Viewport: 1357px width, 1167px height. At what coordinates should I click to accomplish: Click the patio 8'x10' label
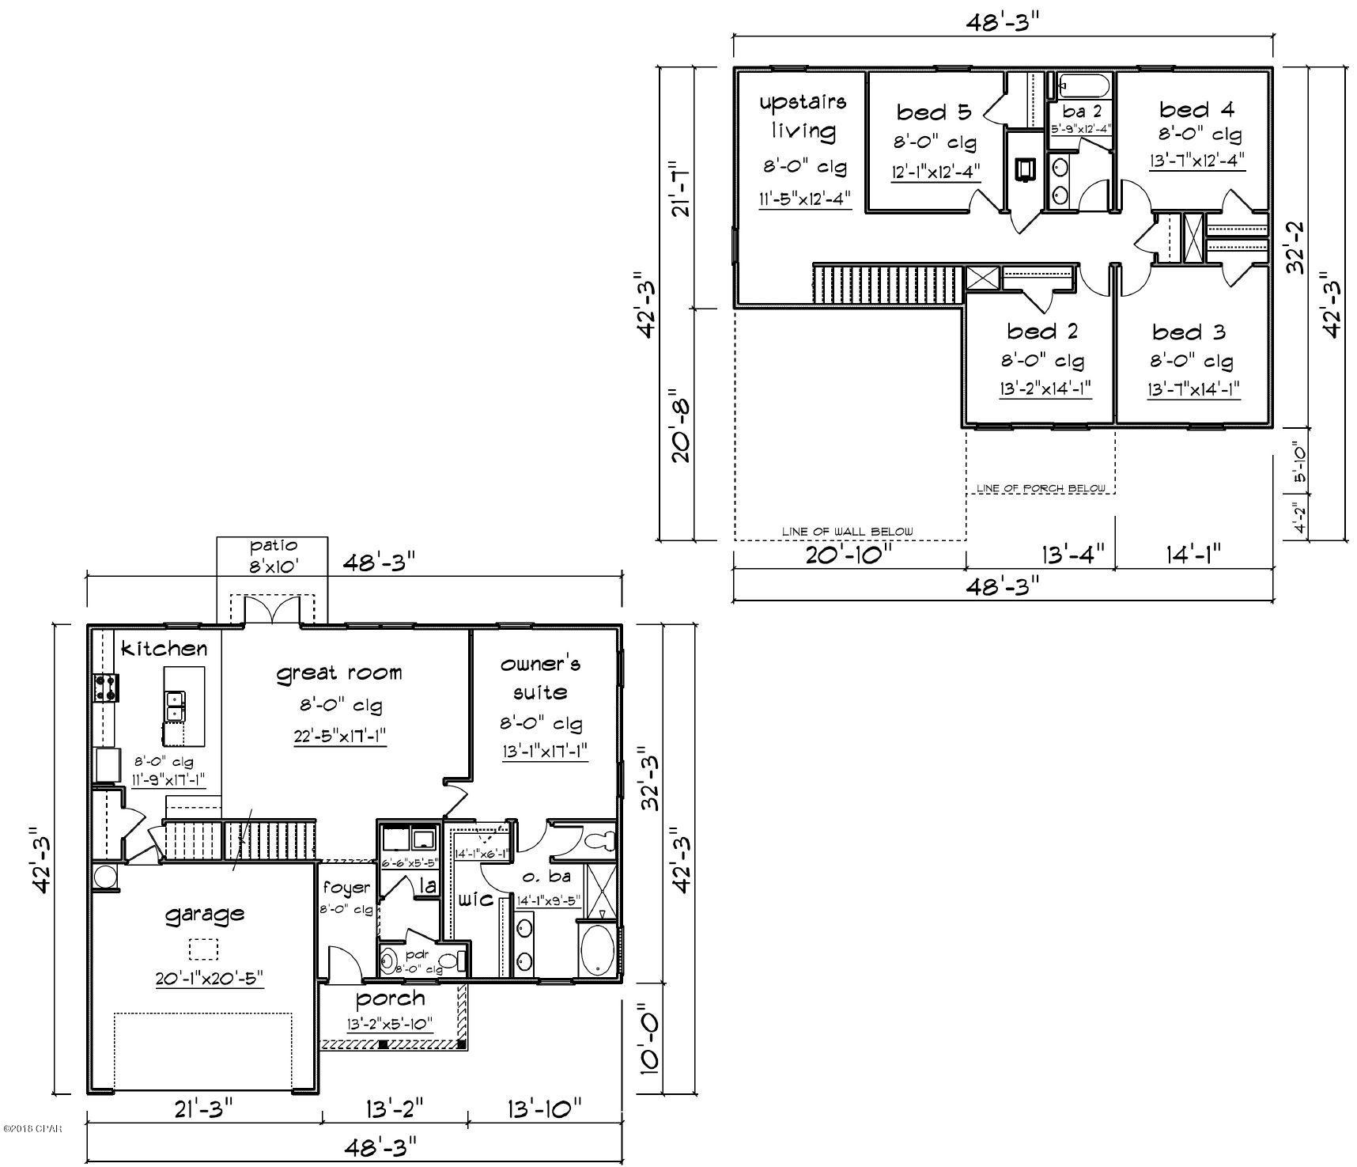click(273, 556)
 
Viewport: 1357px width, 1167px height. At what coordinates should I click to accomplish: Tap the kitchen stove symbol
click(106, 688)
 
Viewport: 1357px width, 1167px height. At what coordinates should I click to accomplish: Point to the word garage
click(204, 915)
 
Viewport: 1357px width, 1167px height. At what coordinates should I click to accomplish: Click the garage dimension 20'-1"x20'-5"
click(209, 979)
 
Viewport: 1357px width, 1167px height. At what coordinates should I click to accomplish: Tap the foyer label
click(346, 888)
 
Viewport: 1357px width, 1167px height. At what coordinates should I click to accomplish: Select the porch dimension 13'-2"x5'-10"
click(390, 1024)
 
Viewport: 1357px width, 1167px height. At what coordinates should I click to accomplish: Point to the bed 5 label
click(933, 112)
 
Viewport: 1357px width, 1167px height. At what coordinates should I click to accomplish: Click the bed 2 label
click(1042, 331)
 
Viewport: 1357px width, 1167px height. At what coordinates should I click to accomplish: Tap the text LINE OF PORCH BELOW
click(1041, 488)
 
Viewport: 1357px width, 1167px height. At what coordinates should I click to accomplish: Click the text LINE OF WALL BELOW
click(848, 532)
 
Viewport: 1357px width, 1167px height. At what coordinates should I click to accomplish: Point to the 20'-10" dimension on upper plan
click(849, 555)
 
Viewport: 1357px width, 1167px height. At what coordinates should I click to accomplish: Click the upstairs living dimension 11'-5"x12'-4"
click(805, 199)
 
